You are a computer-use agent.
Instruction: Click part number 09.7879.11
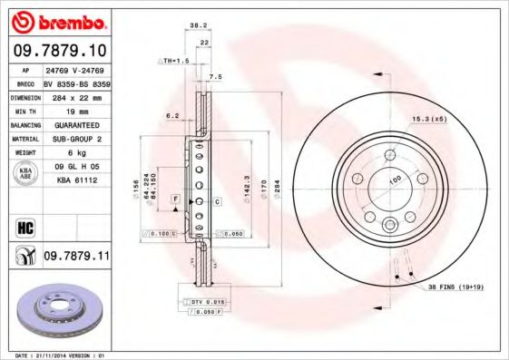pyautogui.click(x=75, y=257)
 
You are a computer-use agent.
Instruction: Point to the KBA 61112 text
pyautogui.click(x=76, y=181)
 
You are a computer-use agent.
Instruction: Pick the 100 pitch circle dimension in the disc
pyautogui.click(x=396, y=180)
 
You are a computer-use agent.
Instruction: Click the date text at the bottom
pyautogui.click(x=55, y=355)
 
